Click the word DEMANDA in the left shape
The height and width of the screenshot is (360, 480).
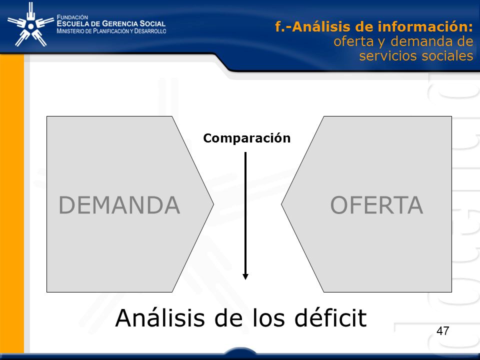point(119,205)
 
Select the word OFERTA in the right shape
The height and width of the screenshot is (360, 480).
point(377,205)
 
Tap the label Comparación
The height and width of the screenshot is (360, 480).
point(246,138)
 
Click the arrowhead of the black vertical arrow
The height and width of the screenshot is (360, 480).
point(245,276)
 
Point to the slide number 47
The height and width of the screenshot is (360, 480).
point(443,331)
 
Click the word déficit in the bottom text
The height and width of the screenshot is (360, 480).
point(330,318)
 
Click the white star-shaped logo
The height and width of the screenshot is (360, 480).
point(30,24)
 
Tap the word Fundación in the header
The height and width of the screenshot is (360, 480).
point(72,17)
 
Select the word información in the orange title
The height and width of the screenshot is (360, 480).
point(425,26)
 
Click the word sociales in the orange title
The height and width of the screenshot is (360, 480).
point(446,55)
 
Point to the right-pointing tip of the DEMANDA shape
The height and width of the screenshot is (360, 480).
point(213,204)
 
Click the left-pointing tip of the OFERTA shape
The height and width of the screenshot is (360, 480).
point(281,204)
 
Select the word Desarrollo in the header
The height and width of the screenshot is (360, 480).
point(150,31)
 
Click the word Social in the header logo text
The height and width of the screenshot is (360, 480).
point(152,23)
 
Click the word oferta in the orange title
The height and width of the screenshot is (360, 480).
point(353,41)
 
